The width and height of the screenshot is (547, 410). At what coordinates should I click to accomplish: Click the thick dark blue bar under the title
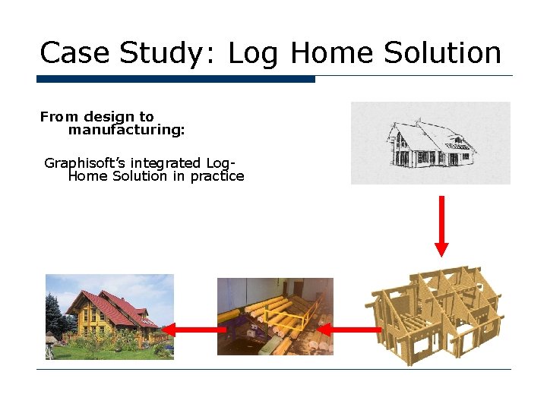(x=175, y=79)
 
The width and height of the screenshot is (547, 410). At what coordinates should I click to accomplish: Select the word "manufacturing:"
(x=126, y=130)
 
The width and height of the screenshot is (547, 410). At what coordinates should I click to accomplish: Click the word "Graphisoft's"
(x=84, y=163)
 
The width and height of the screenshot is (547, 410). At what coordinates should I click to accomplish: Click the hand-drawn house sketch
(x=430, y=143)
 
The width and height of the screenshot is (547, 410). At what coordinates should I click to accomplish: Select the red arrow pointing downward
(x=441, y=225)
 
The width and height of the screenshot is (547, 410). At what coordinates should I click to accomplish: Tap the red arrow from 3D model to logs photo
(x=349, y=330)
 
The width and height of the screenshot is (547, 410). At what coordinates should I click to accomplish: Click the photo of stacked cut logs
(x=275, y=316)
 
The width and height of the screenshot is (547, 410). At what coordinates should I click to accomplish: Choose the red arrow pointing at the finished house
(x=194, y=330)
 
